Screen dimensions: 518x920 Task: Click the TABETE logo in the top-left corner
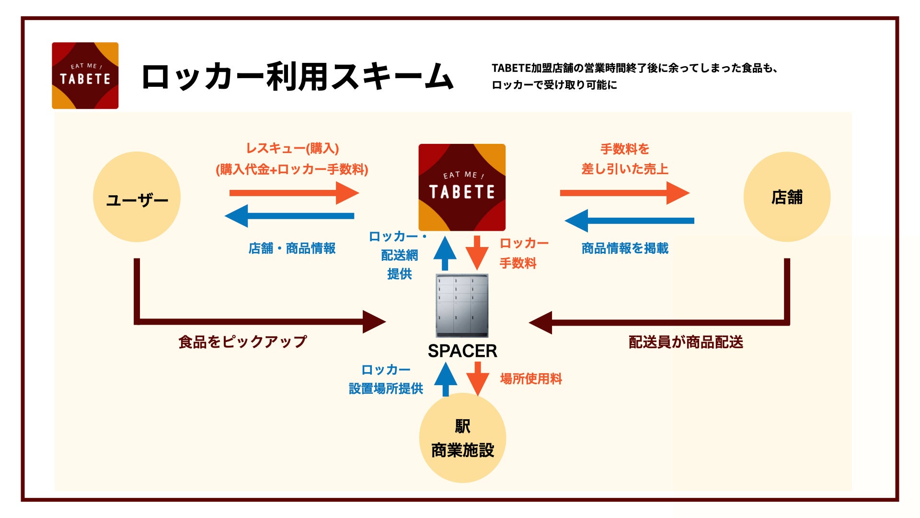pos(85,75)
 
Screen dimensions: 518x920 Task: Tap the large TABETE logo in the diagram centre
pos(462,187)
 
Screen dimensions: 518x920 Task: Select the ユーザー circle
pos(137,197)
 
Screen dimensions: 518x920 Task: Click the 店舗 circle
pos(787,197)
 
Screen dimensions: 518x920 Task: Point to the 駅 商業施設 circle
pos(462,437)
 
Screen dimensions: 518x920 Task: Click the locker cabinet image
pos(462,306)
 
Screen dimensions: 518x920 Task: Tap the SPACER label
pos(462,351)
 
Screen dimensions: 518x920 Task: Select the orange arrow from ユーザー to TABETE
pos(293,193)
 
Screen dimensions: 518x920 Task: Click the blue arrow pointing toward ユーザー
pos(289,216)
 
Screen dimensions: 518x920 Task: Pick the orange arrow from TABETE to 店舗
pos(624,193)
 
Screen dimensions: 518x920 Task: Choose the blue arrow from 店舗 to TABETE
pos(629,221)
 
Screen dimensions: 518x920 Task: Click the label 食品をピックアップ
pos(242,342)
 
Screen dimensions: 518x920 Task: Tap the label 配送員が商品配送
pos(686,342)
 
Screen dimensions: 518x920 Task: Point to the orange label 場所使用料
pos(531,379)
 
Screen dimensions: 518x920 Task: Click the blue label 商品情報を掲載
pos(625,248)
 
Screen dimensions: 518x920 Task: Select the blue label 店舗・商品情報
pos(292,248)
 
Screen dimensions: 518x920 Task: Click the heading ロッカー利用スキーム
pos(297,77)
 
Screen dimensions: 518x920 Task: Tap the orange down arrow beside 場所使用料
pos(478,378)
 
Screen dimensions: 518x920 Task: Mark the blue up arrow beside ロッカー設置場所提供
pos(446,379)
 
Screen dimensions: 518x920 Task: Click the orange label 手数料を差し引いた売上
pos(625,159)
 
